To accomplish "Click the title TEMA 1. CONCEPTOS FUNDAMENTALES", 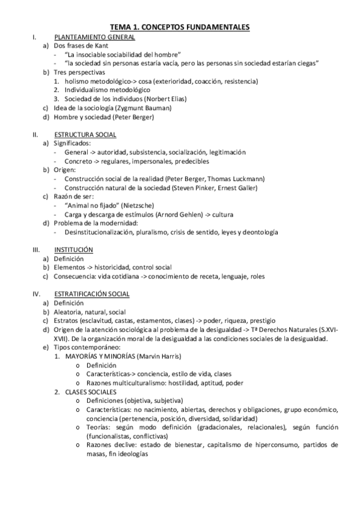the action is point(180,27).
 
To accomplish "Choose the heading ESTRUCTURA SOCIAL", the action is point(85,135).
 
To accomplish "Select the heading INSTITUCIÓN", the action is point(73,250).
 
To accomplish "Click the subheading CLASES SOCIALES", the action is point(90,392).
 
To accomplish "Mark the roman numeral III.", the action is point(36,250).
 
